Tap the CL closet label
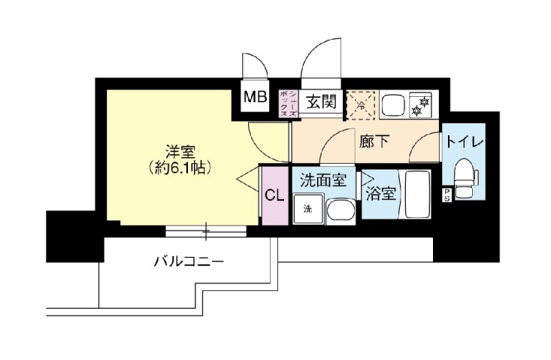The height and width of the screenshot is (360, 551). (x=274, y=195)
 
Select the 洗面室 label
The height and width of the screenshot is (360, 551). (x=322, y=181)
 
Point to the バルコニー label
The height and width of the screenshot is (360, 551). (x=188, y=262)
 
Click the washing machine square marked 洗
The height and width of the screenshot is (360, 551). (x=307, y=209)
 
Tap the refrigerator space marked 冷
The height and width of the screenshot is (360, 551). (x=361, y=105)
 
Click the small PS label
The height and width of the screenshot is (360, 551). (x=447, y=195)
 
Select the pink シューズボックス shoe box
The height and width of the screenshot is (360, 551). (x=289, y=102)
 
